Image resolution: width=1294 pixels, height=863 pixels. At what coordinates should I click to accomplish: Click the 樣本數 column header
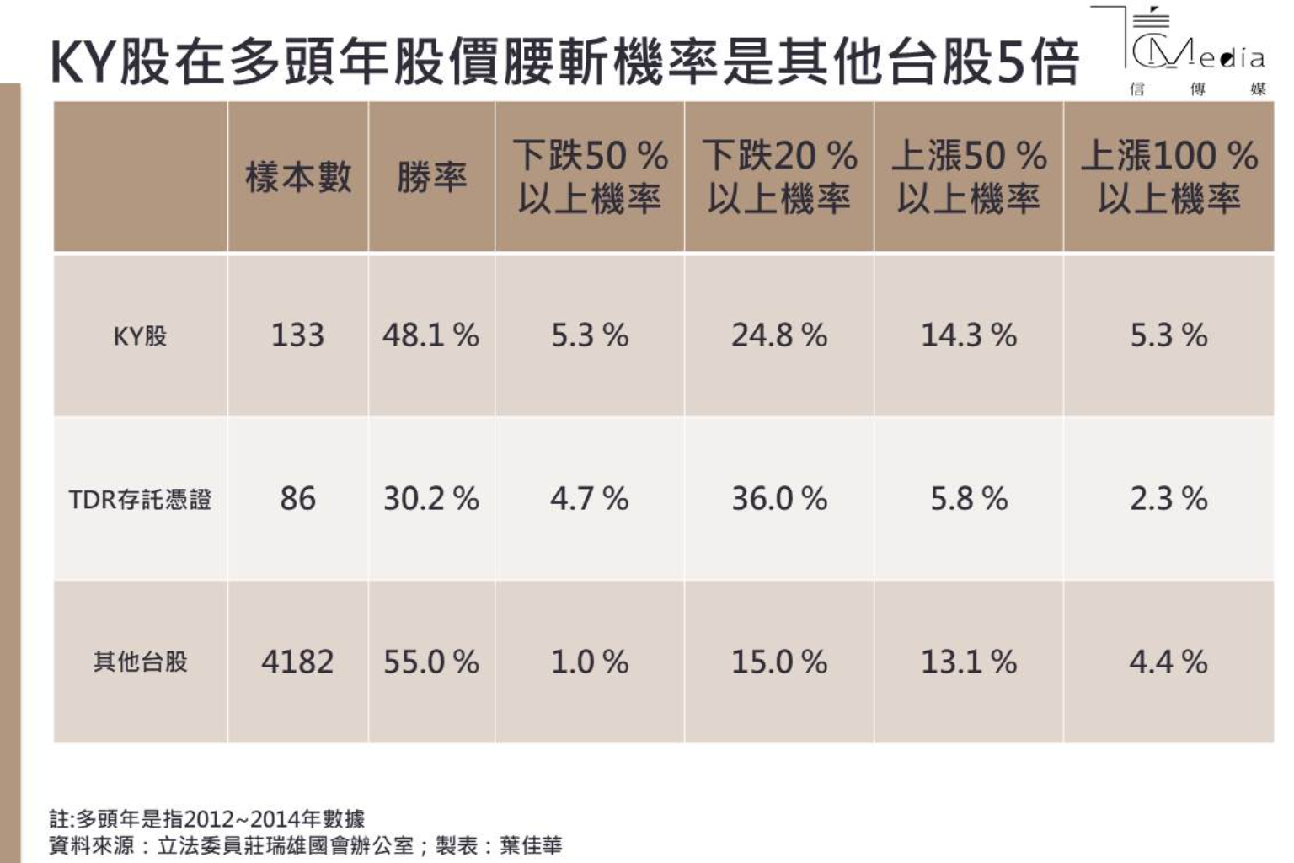pyautogui.click(x=298, y=178)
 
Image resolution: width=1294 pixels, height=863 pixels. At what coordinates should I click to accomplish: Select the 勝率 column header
pyautogui.click(x=431, y=178)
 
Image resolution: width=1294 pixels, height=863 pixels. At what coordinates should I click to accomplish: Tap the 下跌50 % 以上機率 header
pyautogui.click(x=590, y=177)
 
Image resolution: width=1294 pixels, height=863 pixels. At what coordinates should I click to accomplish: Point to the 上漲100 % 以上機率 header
pyautogui.click(x=1168, y=177)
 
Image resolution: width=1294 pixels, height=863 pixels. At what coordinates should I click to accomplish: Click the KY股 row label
pyautogui.click(x=141, y=336)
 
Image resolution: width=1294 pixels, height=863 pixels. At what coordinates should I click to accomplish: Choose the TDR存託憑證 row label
pyautogui.click(x=140, y=500)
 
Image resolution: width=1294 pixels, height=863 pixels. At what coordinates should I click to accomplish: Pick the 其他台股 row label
pyautogui.click(x=141, y=662)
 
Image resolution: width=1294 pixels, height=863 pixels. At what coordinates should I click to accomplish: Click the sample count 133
pyautogui.click(x=297, y=336)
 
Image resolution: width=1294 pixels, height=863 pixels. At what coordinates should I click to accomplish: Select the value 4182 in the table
pyautogui.click(x=297, y=662)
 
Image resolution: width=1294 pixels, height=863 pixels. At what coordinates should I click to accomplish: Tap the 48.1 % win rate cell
pyautogui.click(x=430, y=336)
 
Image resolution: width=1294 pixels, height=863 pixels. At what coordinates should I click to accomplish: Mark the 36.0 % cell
pyautogui.click(x=779, y=499)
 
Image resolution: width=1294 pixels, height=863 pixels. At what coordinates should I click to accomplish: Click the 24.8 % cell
pyautogui.click(x=779, y=336)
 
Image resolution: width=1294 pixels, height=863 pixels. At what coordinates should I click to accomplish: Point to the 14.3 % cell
pyautogui.click(x=969, y=336)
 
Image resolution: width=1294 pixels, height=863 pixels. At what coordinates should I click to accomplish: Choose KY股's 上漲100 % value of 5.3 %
pyautogui.click(x=1168, y=336)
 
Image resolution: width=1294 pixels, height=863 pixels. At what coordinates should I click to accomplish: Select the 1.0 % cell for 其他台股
pyautogui.click(x=590, y=662)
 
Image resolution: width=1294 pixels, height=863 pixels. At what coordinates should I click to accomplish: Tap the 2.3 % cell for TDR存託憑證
pyautogui.click(x=1168, y=499)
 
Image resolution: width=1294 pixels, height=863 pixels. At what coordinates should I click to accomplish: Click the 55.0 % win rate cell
pyautogui.click(x=430, y=662)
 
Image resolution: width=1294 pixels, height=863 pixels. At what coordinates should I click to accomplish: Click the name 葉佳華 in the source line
pyautogui.click(x=531, y=845)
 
